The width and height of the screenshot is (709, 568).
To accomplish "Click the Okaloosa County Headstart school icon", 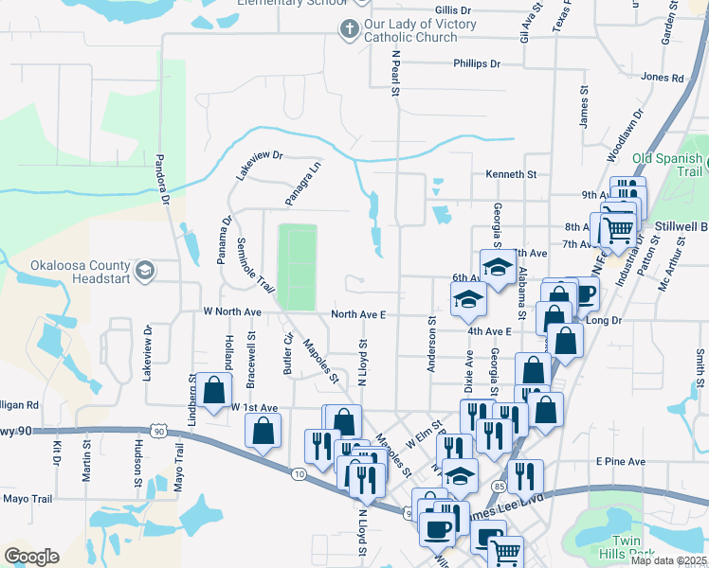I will [144, 272].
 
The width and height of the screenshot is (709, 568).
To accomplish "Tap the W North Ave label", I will [231, 311].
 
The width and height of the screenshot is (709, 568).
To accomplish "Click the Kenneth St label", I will [511, 175].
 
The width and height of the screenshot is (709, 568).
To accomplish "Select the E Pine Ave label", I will [621, 462].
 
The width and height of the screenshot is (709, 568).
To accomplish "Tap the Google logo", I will [31, 557].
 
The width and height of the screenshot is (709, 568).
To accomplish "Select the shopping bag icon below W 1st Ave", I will [264, 431].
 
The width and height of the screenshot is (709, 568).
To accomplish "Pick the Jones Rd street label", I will [662, 78].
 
